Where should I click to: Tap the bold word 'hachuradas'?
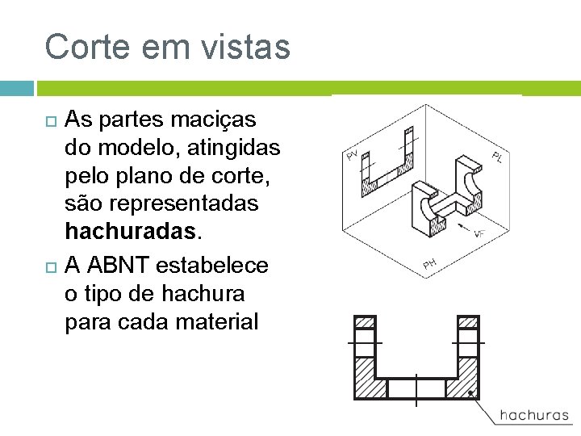(x=129, y=232)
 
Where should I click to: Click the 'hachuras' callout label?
(x=533, y=415)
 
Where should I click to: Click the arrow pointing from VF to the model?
(x=461, y=227)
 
